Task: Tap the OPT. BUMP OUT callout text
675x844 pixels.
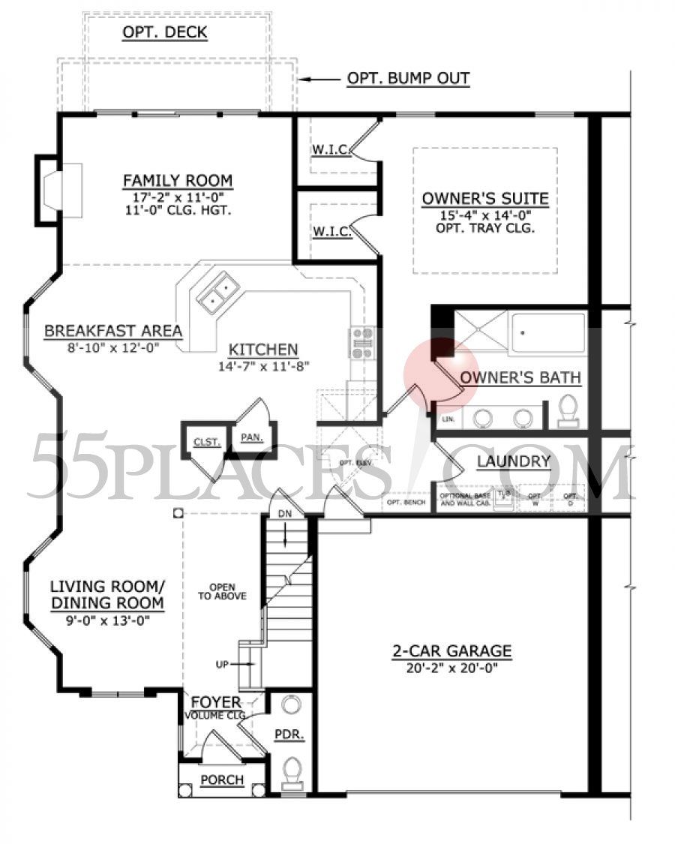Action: (408, 79)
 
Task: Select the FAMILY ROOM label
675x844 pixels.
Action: (178, 181)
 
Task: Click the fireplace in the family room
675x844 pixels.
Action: (60, 191)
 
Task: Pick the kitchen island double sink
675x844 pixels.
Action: (218, 293)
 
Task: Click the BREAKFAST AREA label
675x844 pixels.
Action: (113, 331)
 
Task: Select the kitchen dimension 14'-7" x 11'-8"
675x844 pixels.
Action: (263, 366)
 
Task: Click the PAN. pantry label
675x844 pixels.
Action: (250, 437)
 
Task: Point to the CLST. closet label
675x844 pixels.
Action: (206, 442)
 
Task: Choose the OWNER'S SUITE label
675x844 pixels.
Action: (484, 199)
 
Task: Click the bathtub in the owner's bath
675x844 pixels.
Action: (547, 331)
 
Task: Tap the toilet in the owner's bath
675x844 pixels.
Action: (569, 410)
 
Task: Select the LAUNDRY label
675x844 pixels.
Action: (514, 461)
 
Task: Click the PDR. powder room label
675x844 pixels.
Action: (289, 736)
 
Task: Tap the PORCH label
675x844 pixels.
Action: (222, 780)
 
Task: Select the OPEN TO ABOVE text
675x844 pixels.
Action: (222, 591)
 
